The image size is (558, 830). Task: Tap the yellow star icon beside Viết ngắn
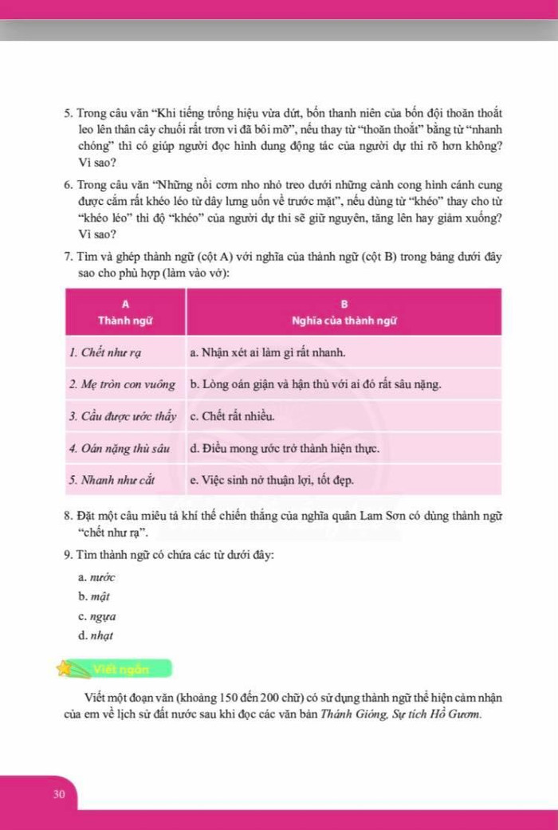[x=64, y=667]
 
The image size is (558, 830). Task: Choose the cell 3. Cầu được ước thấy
[x=122, y=416]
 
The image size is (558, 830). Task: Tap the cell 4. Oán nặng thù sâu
[x=120, y=448]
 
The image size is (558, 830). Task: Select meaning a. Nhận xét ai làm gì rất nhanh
[x=267, y=352]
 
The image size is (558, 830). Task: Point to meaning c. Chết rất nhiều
[x=233, y=416]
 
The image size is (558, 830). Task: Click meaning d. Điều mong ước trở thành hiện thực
[x=285, y=448]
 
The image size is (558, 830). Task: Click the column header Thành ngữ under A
[x=125, y=321]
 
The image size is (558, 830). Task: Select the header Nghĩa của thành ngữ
[x=344, y=321]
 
